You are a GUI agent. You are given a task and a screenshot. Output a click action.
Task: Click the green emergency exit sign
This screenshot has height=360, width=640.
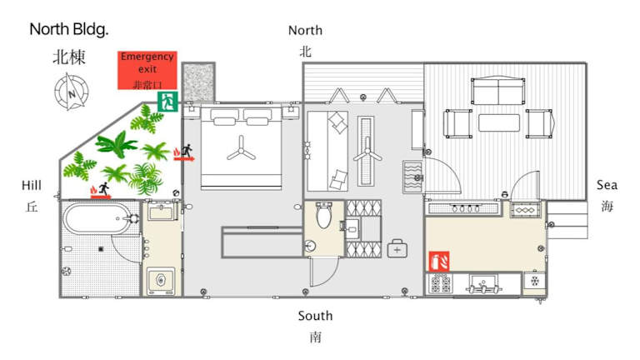(x=167, y=101)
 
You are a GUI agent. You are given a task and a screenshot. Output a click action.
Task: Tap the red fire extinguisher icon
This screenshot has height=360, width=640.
(x=439, y=261)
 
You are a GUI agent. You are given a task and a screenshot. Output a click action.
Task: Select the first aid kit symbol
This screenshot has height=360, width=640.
(x=397, y=248)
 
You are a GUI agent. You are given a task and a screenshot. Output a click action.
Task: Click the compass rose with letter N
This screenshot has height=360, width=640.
(x=72, y=92)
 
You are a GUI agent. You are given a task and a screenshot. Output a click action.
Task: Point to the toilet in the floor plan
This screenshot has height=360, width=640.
(x=323, y=215)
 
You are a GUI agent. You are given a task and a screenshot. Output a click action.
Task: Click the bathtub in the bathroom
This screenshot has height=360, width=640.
(x=100, y=218)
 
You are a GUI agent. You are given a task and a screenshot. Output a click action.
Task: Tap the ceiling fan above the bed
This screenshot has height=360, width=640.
(x=241, y=149)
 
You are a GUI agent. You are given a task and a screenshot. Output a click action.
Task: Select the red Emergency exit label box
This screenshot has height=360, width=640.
(x=147, y=70)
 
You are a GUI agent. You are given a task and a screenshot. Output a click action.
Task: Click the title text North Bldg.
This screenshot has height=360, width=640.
(x=69, y=29)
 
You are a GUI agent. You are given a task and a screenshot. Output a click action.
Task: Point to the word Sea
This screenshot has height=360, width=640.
(x=607, y=185)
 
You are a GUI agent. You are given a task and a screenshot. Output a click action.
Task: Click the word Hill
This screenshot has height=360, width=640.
(x=32, y=185)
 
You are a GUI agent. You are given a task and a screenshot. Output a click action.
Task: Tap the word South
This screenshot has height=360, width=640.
(x=315, y=316)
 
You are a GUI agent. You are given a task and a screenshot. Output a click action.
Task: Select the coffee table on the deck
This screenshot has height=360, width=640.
(x=499, y=122)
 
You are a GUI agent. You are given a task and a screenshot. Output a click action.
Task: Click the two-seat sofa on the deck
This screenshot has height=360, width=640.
(x=498, y=92)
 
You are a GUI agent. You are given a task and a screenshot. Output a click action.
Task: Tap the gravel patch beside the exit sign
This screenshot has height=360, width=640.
(x=198, y=82)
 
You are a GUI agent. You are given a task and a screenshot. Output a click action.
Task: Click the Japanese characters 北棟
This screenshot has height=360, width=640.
(x=69, y=57)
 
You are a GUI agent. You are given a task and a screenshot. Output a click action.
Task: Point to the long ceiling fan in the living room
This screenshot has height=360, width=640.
(x=367, y=151)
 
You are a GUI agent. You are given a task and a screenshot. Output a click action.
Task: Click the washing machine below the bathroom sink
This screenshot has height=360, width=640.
(x=161, y=280)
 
